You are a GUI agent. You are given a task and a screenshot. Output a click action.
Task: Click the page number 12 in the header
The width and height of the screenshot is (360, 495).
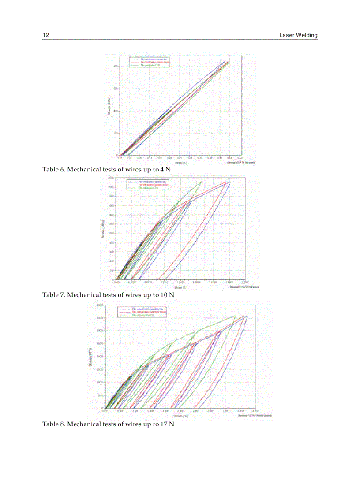click(45, 35)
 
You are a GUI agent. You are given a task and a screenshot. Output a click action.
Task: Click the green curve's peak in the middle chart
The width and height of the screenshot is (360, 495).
click(201, 182)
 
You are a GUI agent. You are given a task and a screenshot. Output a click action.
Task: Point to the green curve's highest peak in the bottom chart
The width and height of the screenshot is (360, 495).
click(235, 316)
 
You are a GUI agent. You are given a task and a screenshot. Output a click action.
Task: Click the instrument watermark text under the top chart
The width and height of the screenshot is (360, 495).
click(242, 162)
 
